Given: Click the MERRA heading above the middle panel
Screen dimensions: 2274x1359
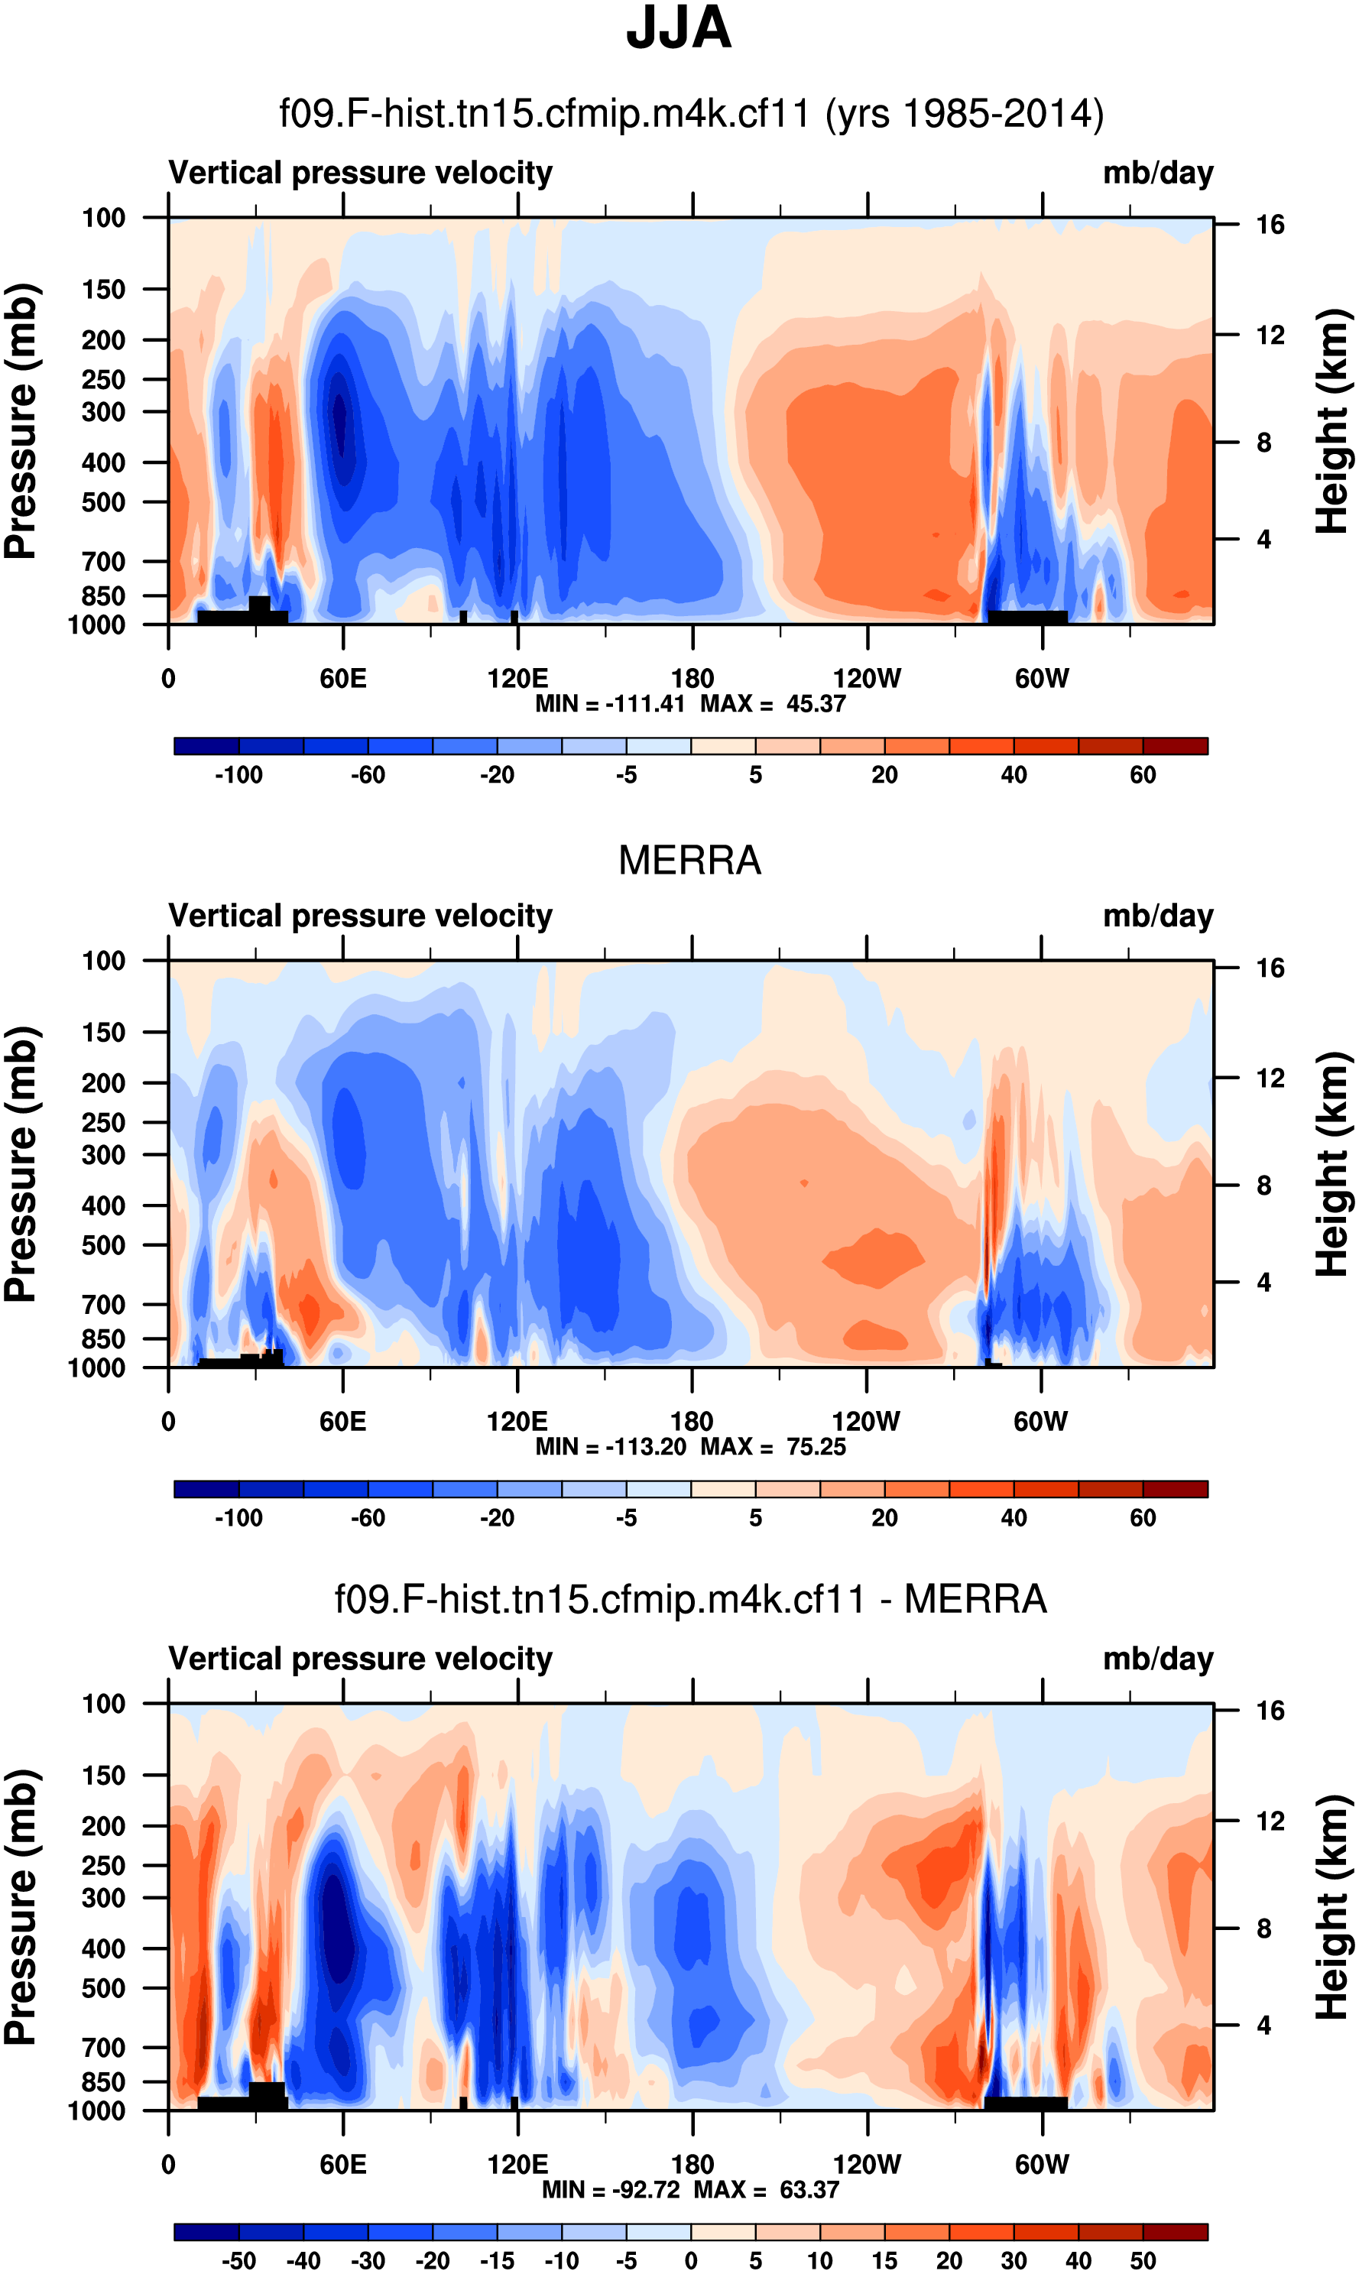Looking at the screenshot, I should click(x=689, y=861).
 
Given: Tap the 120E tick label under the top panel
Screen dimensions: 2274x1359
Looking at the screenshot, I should click(x=517, y=679).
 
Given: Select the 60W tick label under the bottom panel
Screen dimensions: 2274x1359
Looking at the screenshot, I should click(x=1041, y=2164).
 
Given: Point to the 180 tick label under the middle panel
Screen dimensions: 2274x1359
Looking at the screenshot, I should click(x=692, y=1422).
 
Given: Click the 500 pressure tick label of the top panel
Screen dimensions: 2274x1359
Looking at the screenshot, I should click(x=103, y=503).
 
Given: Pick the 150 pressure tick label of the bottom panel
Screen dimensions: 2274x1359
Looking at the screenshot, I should click(x=103, y=1775).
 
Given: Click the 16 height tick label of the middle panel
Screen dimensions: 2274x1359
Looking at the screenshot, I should click(x=1270, y=968).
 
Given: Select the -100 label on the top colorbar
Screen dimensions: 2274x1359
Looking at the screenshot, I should click(x=238, y=776).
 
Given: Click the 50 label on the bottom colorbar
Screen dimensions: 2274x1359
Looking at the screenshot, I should click(x=1142, y=2260).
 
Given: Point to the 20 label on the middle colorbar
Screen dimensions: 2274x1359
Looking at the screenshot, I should click(x=884, y=1519).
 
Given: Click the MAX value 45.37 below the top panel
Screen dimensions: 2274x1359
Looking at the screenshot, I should click(x=816, y=704).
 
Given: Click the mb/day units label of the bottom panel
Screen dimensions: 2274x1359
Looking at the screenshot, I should click(x=1157, y=1659).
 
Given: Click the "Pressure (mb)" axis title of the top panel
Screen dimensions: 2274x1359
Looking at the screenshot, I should click(x=20, y=421).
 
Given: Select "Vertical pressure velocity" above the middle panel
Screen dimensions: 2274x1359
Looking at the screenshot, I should click(x=360, y=916).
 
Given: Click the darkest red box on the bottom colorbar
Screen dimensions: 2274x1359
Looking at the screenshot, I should click(x=1175, y=2232).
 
